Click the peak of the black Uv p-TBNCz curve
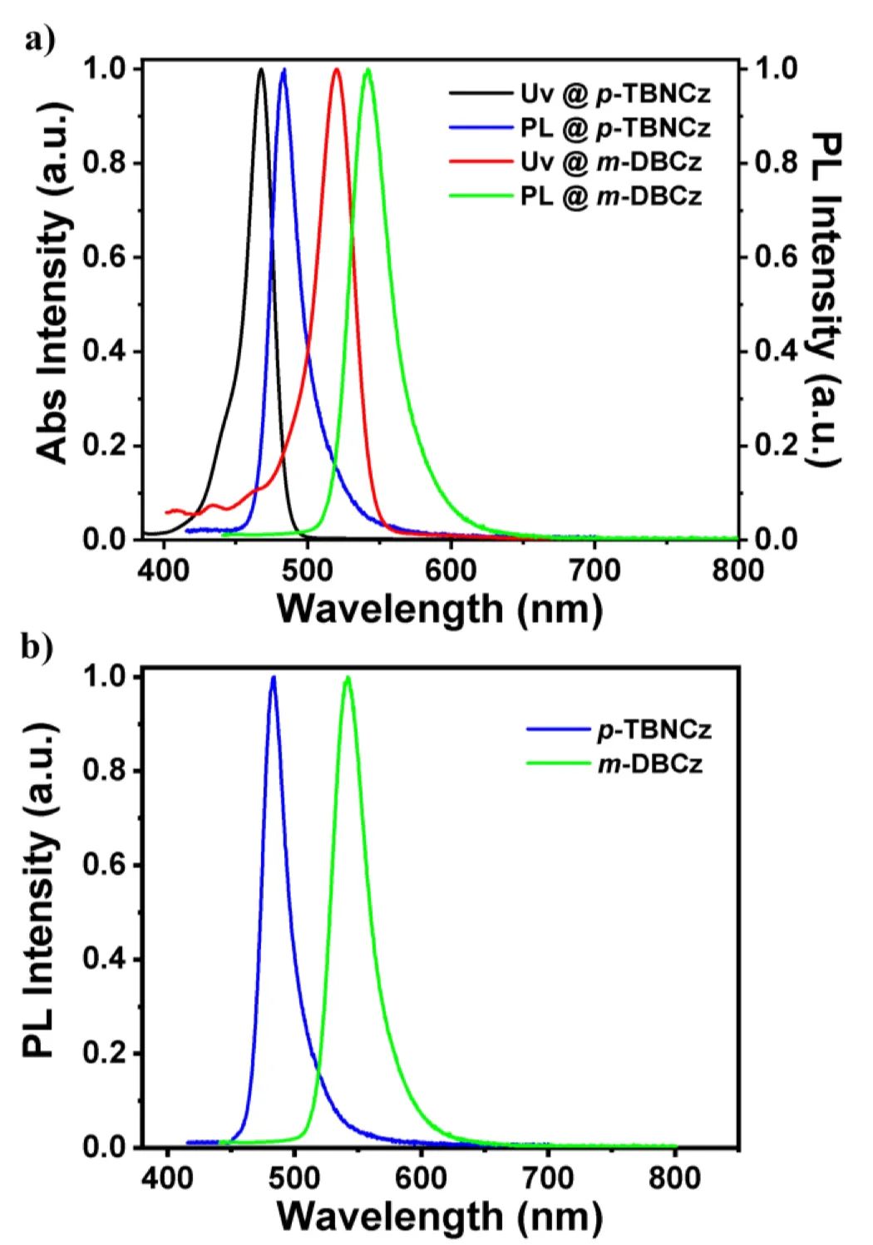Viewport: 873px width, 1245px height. [x=261, y=70]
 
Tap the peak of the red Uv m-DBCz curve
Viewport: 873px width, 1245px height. [x=337, y=70]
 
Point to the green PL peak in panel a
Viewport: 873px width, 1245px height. [x=368, y=70]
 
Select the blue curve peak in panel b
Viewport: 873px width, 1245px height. [x=273, y=678]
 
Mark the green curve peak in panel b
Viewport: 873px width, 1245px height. [x=348, y=678]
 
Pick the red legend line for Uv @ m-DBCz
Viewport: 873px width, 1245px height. [x=480, y=162]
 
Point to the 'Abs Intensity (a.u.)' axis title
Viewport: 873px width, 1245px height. [x=52, y=304]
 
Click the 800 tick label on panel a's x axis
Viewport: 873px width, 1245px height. [x=737, y=572]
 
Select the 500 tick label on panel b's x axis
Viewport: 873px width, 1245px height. [x=294, y=1180]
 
